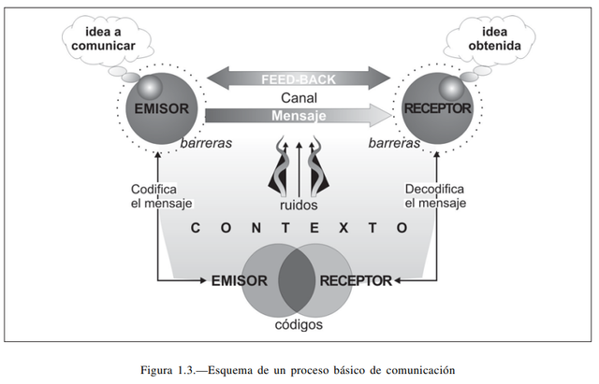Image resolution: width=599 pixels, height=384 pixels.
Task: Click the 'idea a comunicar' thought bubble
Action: click(x=100, y=40)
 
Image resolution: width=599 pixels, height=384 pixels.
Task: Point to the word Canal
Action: click(x=298, y=97)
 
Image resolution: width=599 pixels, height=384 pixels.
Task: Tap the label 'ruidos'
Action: click(x=299, y=205)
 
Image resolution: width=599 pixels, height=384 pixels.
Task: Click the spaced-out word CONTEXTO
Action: click(x=299, y=227)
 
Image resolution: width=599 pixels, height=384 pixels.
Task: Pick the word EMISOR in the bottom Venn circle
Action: click(x=240, y=280)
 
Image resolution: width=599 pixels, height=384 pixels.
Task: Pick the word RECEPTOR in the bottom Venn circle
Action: click(x=357, y=280)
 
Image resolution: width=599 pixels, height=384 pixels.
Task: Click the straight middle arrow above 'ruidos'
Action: click(x=299, y=168)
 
